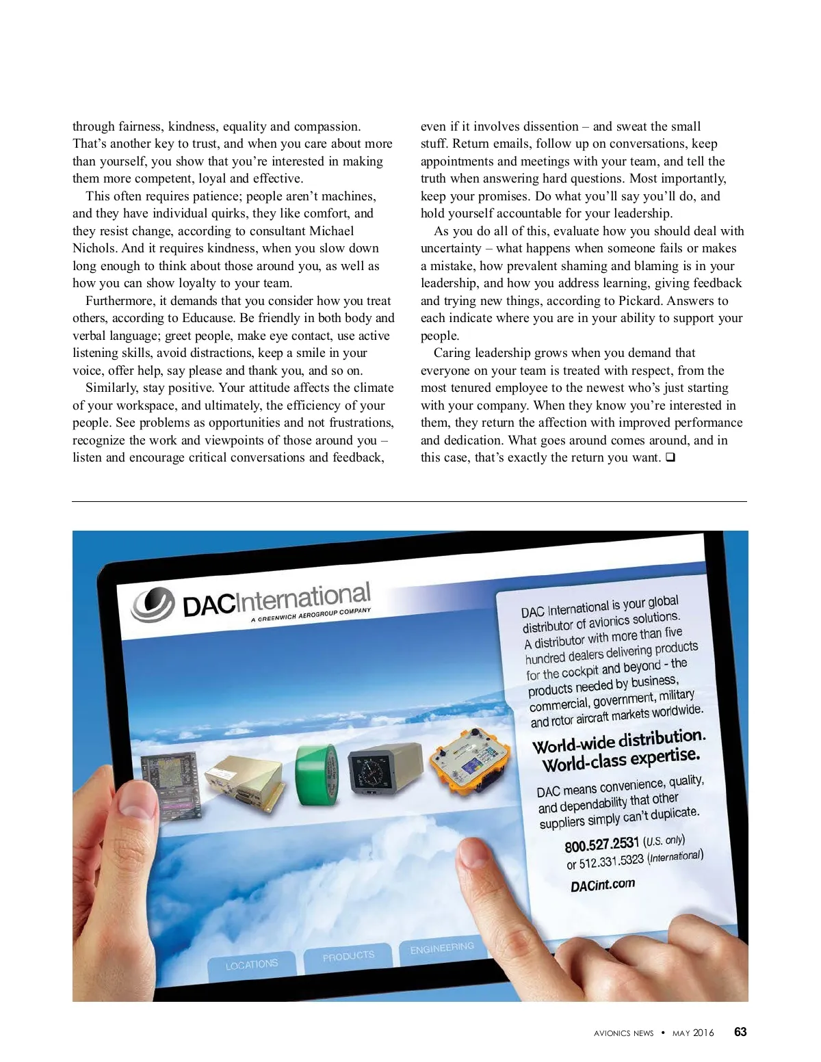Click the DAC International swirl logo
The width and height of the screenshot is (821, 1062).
tap(153, 604)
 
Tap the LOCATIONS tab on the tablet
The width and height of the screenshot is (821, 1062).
tap(252, 964)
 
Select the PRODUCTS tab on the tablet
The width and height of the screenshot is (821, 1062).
tap(348, 956)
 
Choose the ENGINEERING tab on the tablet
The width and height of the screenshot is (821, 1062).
tap(442, 948)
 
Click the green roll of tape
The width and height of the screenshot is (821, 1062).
tap(317, 775)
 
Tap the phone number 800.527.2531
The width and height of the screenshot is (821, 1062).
tap(601, 845)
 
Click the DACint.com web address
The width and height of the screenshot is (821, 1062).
tap(602, 885)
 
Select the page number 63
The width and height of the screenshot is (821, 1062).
tap(740, 1032)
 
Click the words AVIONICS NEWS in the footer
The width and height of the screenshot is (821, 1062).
tap(623, 1033)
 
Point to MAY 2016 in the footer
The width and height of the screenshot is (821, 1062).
tap(693, 1033)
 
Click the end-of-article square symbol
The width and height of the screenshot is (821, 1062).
tap(670, 457)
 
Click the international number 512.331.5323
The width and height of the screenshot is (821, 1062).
tap(611, 861)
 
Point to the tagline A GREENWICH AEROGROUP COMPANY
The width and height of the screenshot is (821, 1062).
tap(311, 615)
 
